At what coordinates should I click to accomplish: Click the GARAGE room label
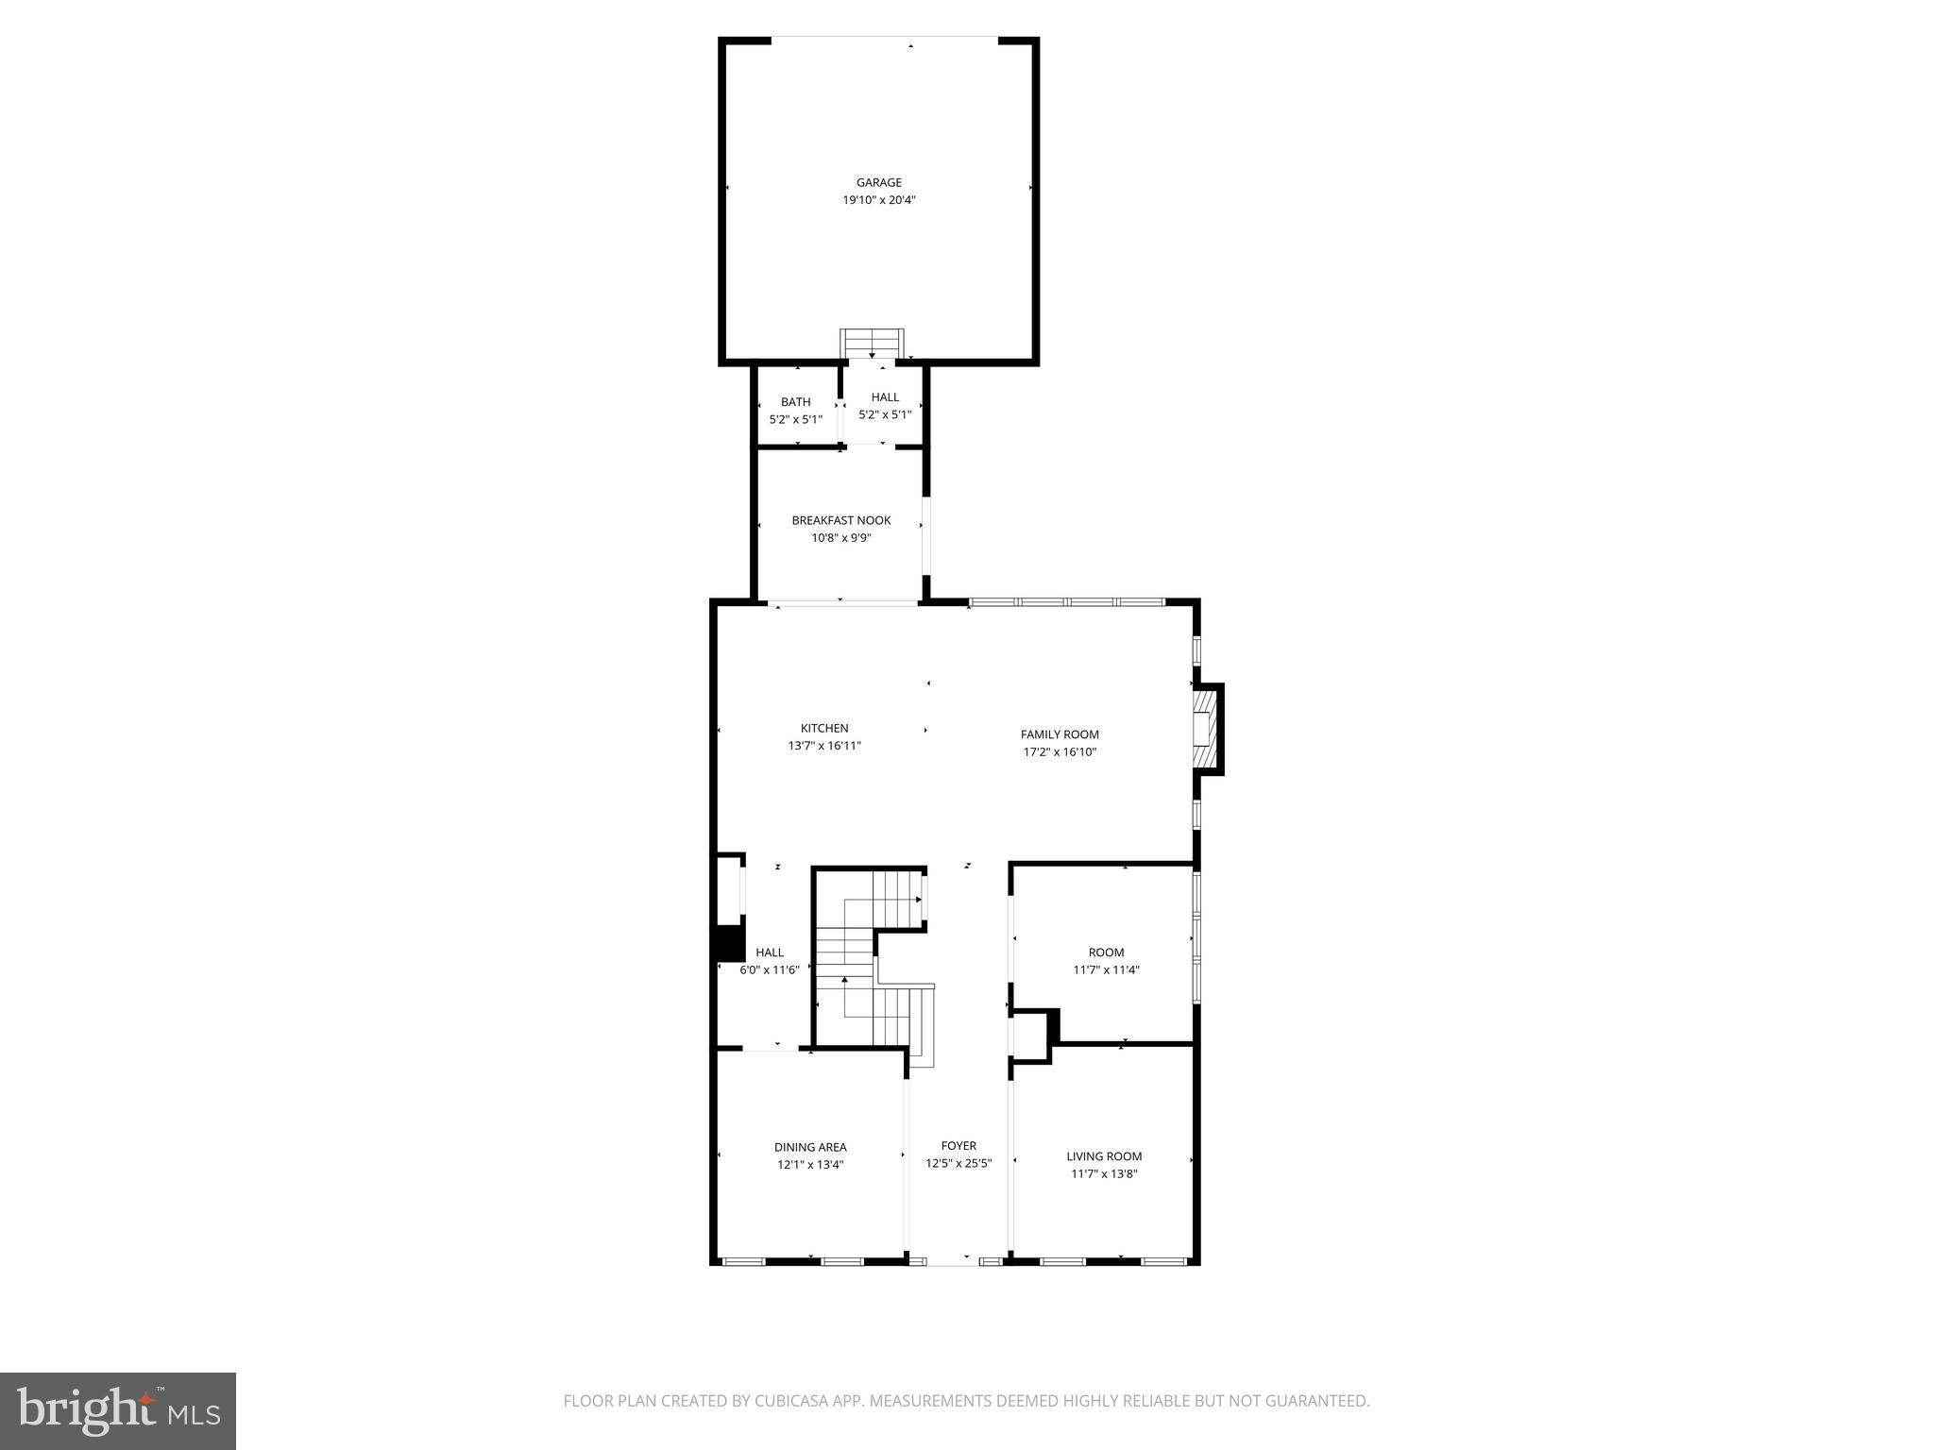click(x=878, y=183)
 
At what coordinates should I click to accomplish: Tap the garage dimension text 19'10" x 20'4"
click(x=878, y=200)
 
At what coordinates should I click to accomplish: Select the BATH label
click(x=795, y=402)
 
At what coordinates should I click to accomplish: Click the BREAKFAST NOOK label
click(x=840, y=520)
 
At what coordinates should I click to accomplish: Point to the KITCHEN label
click(x=824, y=728)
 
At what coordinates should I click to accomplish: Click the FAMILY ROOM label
click(x=1060, y=734)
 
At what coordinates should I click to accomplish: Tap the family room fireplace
click(x=1205, y=730)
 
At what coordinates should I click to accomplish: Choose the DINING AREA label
click(x=810, y=1147)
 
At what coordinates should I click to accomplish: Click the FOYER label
click(x=959, y=1146)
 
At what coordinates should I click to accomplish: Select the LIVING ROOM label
click(x=1104, y=1156)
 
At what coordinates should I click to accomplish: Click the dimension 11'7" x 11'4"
click(x=1106, y=969)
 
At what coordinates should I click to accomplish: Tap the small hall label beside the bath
click(x=885, y=397)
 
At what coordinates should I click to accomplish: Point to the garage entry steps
click(x=872, y=343)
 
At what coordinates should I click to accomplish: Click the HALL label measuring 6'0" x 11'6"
click(x=770, y=953)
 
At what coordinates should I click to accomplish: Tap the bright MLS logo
click(x=118, y=1411)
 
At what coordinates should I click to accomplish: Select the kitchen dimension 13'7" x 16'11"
click(x=824, y=746)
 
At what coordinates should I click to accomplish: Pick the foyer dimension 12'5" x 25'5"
click(x=959, y=1163)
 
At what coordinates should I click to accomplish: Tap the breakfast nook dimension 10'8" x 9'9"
click(x=840, y=538)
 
